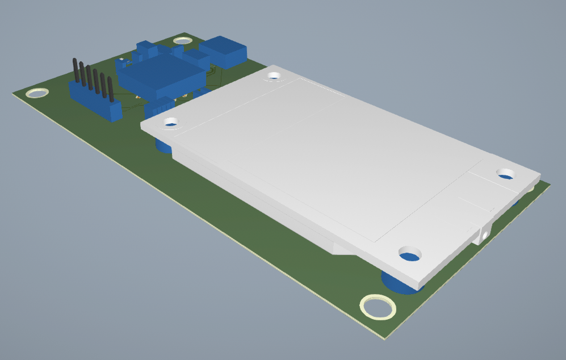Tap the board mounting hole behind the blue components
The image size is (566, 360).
pos(183,40)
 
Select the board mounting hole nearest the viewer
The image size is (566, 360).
pos(378,307)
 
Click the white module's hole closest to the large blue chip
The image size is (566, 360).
pos(275,75)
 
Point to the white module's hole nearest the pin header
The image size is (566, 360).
pos(171,122)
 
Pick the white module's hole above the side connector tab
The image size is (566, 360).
pos(505,173)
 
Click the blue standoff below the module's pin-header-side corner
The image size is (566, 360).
pos(163,147)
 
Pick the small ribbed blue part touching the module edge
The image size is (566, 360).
pos(160,107)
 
